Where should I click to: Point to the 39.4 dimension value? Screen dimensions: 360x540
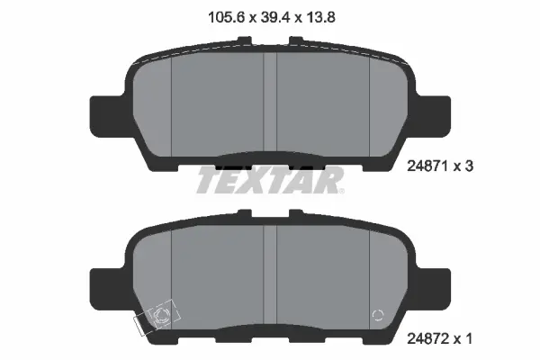(269, 15)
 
